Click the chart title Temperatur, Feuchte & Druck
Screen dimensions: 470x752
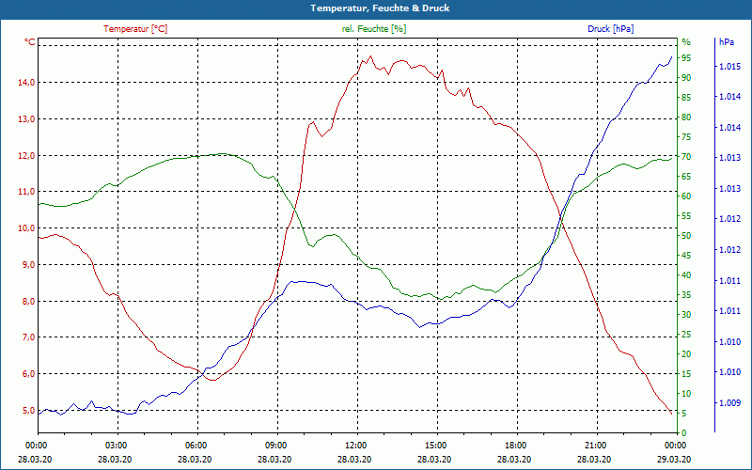coord(375,8)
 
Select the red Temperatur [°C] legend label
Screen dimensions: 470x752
coord(135,29)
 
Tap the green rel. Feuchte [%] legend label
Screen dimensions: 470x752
coord(373,29)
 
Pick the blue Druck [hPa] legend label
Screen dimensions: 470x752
coord(610,29)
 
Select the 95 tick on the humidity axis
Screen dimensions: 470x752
coord(686,58)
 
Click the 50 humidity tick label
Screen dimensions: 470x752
coord(686,236)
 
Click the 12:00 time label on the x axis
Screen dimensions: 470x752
coord(356,445)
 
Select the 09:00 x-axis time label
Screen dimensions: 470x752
coord(276,445)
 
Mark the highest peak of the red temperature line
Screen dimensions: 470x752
coord(371,56)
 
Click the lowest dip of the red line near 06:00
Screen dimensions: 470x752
coord(214,380)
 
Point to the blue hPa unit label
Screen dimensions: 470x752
coord(727,42)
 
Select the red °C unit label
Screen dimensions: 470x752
coord(30,42)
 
